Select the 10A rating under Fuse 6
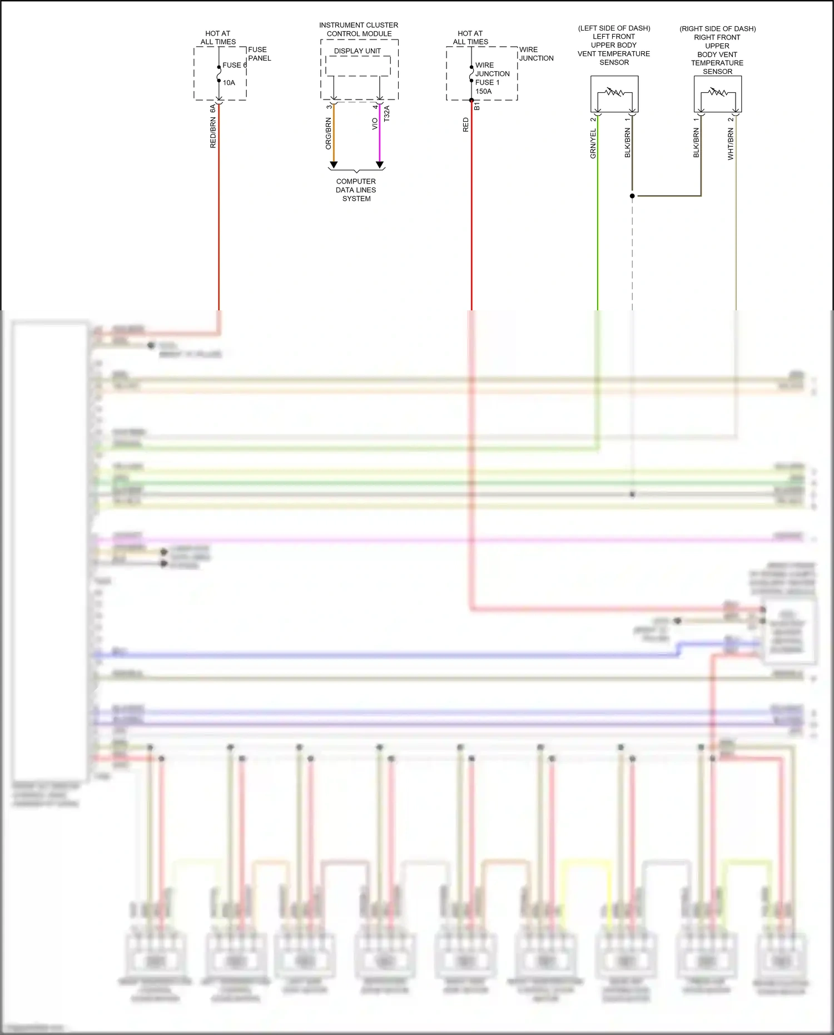[229, 83]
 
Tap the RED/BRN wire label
[213, 133]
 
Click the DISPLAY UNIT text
[357, 51]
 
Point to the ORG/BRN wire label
[328, 133]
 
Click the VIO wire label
[375, 123]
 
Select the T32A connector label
[387, 113]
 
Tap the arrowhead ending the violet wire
[380, 165]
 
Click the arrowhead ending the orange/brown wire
[334, 165]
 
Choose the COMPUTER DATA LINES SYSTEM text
[356, 190]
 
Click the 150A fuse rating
[483, 91]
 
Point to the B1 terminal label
[477, 106]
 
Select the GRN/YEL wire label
[593, 143]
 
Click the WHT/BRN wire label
[731, 144]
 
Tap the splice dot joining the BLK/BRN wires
[632, 196]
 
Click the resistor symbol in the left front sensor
[614, 92]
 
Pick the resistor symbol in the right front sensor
[718, 92]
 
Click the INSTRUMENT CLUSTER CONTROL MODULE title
[359, 29]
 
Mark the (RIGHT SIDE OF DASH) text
[717, 28]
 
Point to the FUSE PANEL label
[259, 54]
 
